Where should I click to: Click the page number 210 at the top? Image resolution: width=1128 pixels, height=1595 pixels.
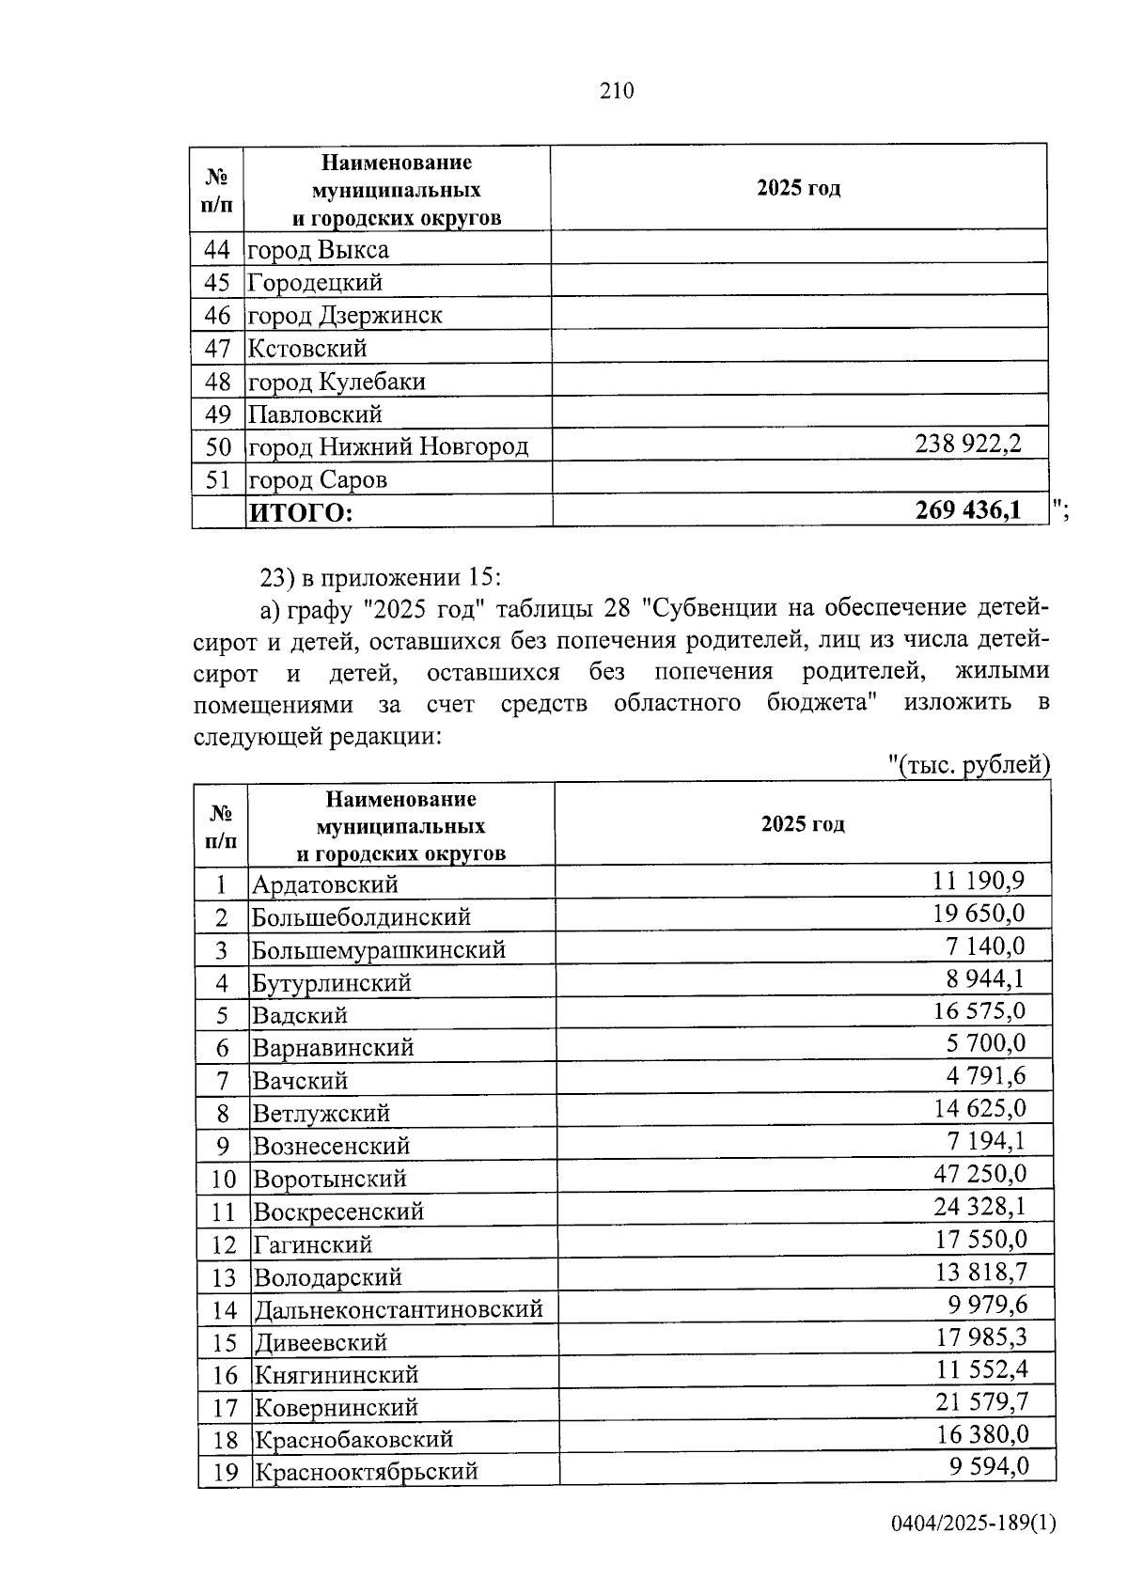(x=617, y=90)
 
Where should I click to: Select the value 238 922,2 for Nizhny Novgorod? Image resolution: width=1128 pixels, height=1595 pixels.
(x=967, y=443)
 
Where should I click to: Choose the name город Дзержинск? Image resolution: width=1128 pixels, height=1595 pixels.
(x=344, y=316)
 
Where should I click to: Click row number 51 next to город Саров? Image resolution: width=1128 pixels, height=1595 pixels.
(x=217, y=480)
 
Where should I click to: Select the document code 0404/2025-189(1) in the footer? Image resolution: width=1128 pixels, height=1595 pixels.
(x=974, y=1522)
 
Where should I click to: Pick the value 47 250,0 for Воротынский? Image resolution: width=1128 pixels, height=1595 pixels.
(x=979, y=1173)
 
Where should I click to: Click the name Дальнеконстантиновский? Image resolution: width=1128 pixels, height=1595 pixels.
(x=398, y=1308)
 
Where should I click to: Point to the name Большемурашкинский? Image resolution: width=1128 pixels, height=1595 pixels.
(x=379, y=950)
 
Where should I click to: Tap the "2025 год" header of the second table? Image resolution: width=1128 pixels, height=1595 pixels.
(x=802, y=824)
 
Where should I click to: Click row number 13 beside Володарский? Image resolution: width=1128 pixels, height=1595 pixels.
(x=224, y=1277)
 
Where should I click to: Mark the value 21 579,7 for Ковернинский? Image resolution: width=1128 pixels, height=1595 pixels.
(x=979, y=1402)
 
